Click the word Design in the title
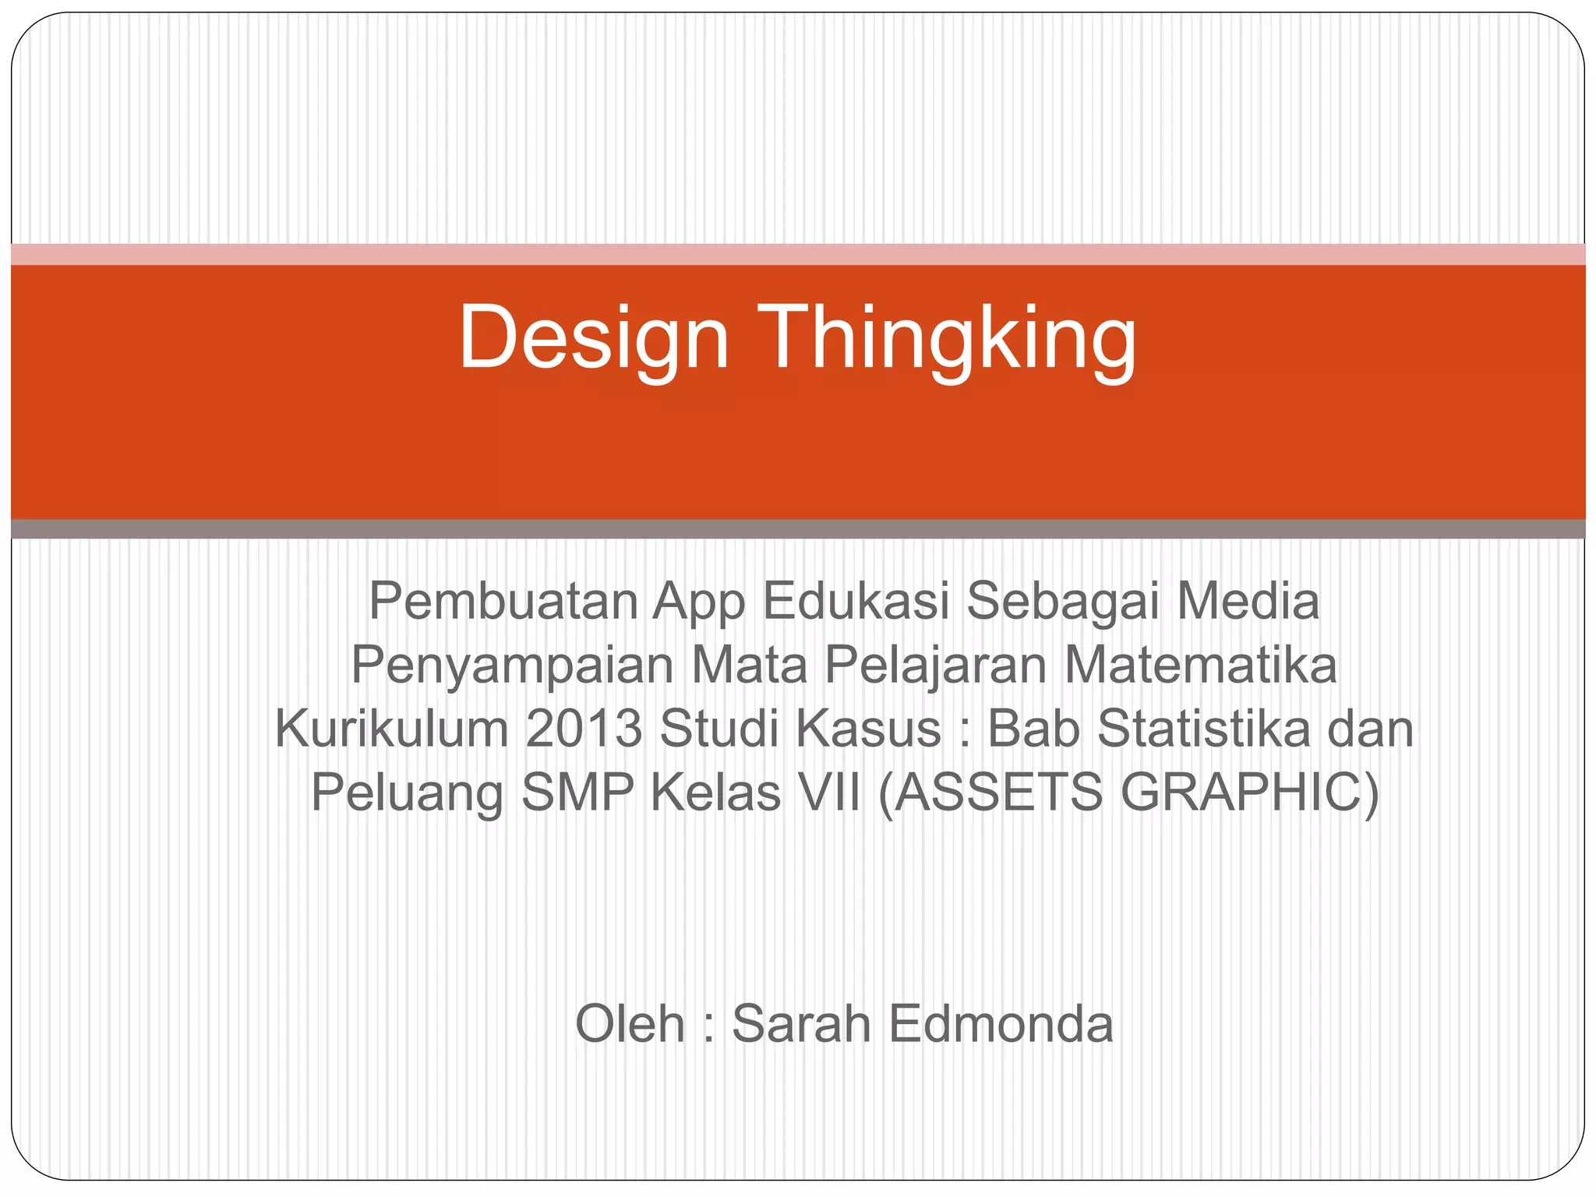click(594, 339)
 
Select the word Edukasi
click(855, 601)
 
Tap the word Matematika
click(1200, 666)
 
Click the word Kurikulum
click(391, 729)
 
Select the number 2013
click(583, 729)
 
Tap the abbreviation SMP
click(577, 793)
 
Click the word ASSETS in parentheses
click(991, 793)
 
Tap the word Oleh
click(630, 1023)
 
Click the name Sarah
click(800, 1023)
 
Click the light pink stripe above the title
click(798, 254)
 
